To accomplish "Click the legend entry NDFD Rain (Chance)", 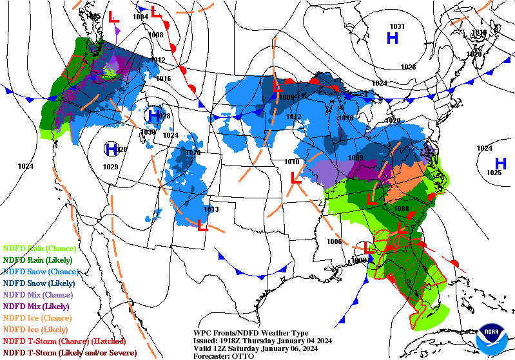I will click(39, 248).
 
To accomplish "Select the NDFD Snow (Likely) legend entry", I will click(39, 283).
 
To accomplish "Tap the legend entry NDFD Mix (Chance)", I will click(39, 294).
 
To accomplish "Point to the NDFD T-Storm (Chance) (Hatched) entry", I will click(64, 341).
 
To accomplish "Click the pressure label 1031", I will click(397, 26).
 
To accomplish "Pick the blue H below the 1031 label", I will click(393, 39).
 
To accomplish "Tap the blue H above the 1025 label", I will click(500, 162).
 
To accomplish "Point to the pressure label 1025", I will click(493, 173).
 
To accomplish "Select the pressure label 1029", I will click(110, 167).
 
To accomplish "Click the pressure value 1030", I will click(148, 132).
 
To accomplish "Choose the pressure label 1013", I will click(211, 209).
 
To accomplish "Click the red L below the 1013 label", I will click(202, 225).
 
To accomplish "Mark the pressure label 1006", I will click(334, 242).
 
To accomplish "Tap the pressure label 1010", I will click(291, 162).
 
